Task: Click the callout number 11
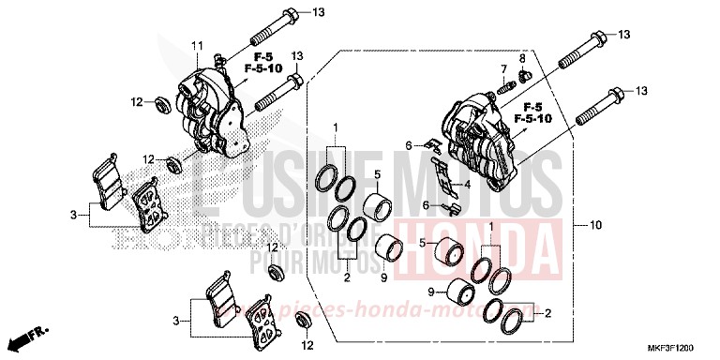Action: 198,46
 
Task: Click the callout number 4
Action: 466,185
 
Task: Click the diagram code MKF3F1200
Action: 682,346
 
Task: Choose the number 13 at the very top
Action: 318,13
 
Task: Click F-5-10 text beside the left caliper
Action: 264,68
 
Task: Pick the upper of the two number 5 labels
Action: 377,174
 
